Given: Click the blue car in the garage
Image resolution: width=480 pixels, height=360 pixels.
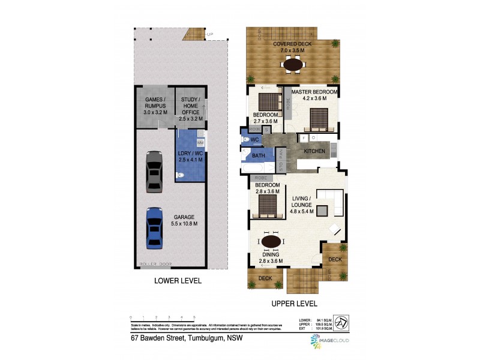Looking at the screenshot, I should (x=154, y=228).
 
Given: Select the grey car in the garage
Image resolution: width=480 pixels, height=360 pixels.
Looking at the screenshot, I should (x=154, y=171).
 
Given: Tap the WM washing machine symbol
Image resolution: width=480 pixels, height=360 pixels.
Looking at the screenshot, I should (x=200, y=143).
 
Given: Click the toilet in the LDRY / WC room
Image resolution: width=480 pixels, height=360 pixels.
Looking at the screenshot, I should (x=179, y=176).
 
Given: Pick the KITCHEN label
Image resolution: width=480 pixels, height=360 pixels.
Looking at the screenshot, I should (x=314, y=151).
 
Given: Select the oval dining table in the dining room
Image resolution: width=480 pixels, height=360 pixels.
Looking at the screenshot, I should (x=271, y=242).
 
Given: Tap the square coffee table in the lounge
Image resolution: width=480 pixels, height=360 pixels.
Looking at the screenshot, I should (x=322, y=211).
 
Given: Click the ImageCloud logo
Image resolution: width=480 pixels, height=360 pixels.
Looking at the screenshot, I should (x=329, y=341).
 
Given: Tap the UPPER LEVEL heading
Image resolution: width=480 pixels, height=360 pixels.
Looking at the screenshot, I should (x=293, y=304).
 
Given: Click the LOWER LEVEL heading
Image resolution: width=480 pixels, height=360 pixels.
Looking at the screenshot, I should (x=178, y=281).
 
